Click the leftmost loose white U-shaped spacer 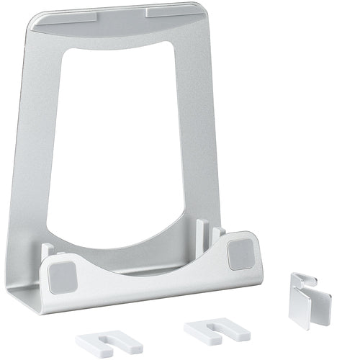pyautogui.click(x=109, y=343)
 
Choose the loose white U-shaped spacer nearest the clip pyautogui.click(x=216, y=330)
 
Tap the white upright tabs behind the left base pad pyautogui.click(x=48, y=251)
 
